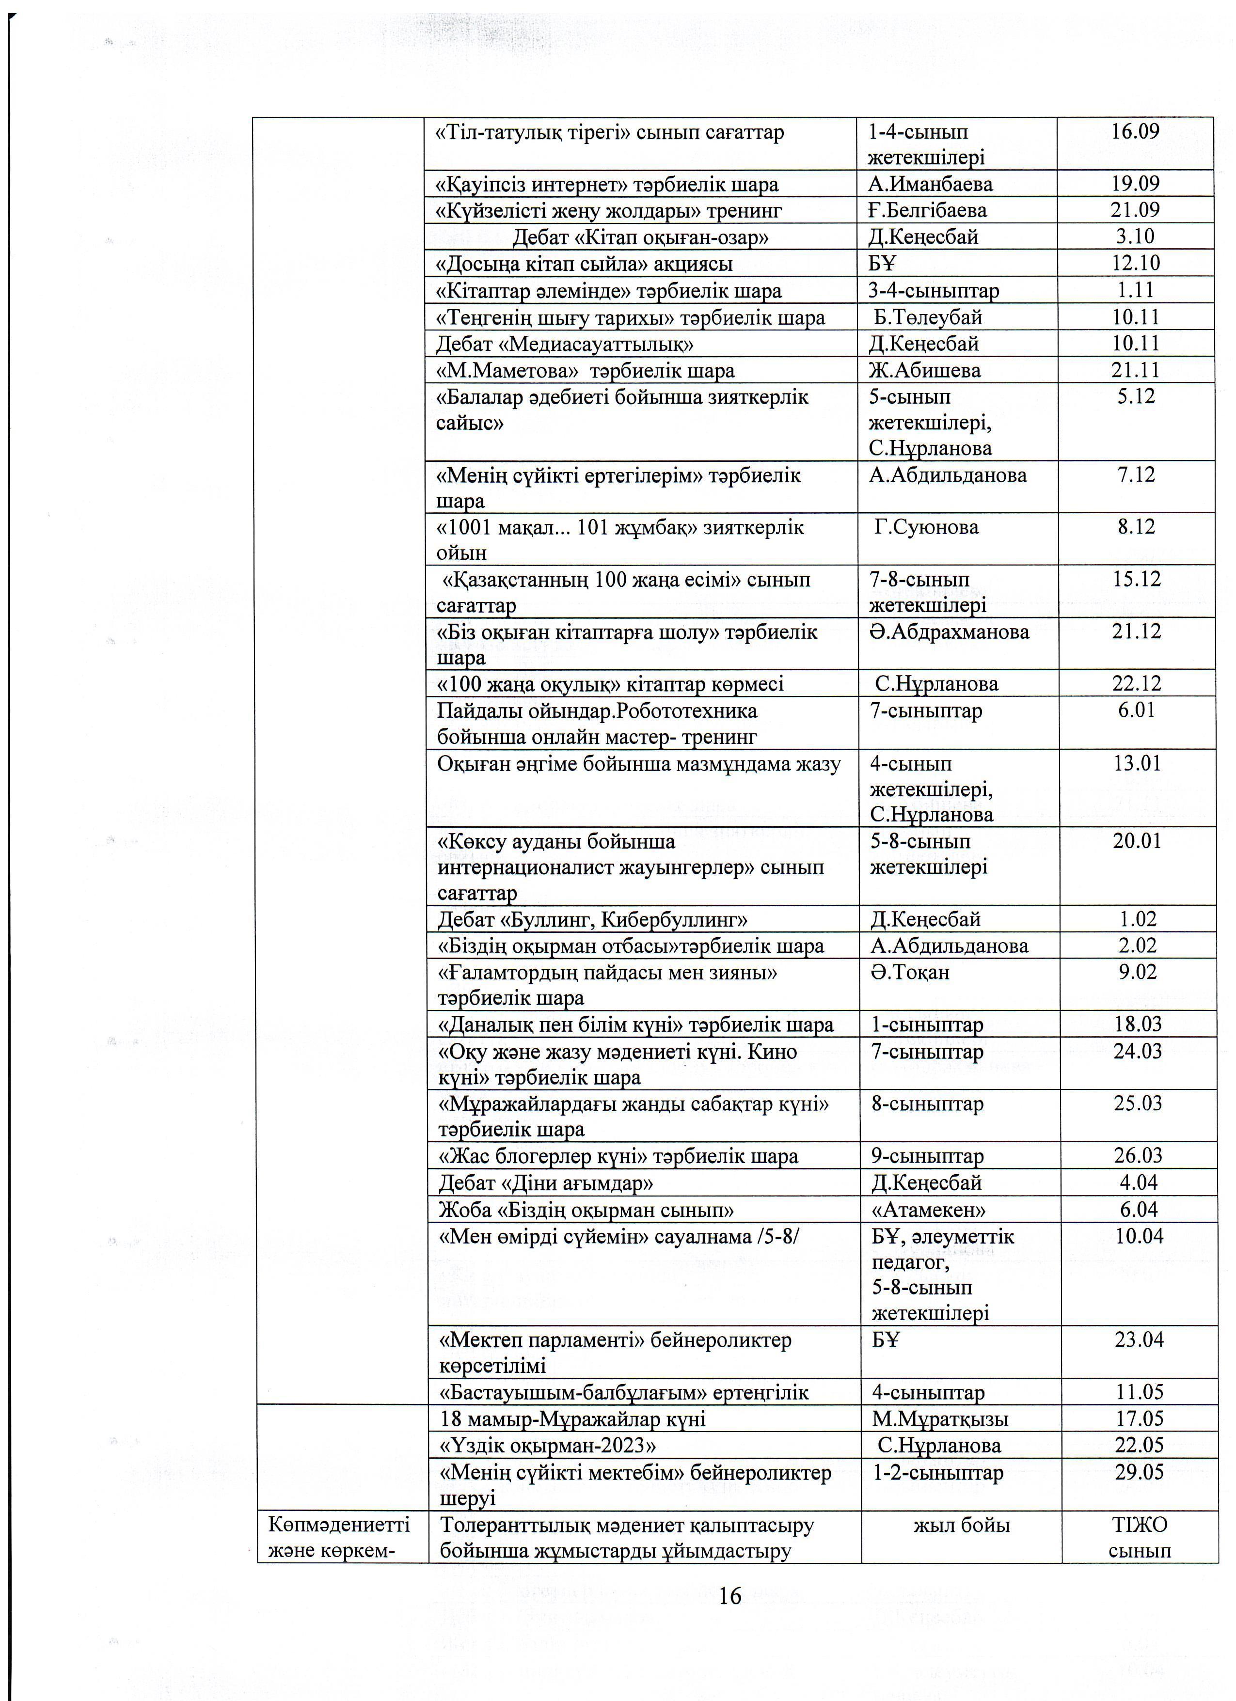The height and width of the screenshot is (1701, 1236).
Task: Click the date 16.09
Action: coord(1135,132)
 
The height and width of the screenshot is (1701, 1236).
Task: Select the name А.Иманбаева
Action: coord(930,184)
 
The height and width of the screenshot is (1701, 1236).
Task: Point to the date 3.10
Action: coord(1135,236)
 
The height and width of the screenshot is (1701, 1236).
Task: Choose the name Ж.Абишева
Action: coord(925,371)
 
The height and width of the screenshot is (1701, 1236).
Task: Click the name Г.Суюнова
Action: coord(926,527)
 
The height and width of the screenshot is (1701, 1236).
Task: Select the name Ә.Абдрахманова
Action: coord(950,631)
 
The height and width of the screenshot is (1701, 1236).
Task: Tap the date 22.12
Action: coord(1136,683)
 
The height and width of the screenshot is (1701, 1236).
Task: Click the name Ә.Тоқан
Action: coord(910,972)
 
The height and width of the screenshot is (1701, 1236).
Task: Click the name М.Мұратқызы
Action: coord(940,1419)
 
